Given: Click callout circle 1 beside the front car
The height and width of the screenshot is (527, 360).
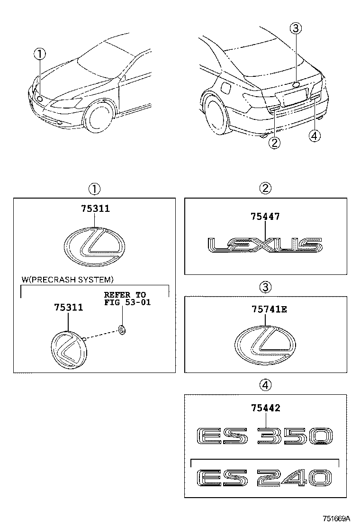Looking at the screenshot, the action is point(40,54).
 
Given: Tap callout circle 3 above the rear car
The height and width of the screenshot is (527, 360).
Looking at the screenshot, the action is point(296,28).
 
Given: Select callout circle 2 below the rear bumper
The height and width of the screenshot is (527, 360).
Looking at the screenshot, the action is point(274,143).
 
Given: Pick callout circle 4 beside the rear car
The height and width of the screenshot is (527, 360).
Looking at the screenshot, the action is point(315,136).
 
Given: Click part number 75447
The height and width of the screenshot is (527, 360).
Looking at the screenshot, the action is point(265,217).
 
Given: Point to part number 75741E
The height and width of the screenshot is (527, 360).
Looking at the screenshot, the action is point(270,309).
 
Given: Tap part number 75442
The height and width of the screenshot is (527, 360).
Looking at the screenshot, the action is point(266,408).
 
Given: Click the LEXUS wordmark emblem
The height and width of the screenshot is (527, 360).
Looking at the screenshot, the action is point(265,245).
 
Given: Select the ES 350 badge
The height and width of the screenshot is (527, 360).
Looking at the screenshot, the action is point(265,436).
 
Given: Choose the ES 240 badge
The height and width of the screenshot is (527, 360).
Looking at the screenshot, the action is point(265,478).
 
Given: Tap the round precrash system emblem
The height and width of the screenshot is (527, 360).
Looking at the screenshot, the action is point(70,350).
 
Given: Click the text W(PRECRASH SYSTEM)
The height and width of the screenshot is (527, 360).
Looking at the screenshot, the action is point(67,279).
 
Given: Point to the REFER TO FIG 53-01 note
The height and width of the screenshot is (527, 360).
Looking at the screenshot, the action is point(127,299).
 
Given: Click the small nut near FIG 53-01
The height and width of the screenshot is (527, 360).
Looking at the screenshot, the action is point(122,330).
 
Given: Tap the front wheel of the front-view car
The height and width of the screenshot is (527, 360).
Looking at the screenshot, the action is point(98,118).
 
